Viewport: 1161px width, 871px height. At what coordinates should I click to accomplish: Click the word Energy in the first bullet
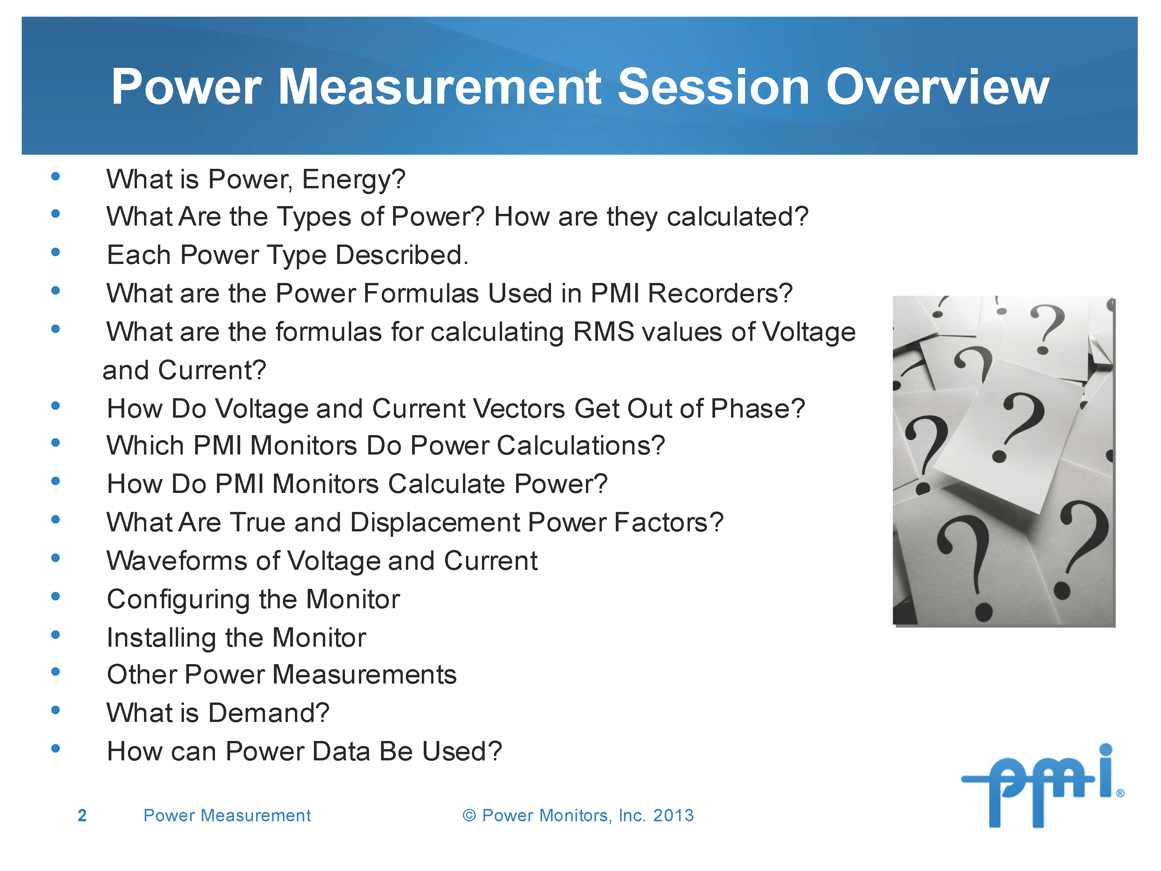pyautogui.click(x=353, y=180)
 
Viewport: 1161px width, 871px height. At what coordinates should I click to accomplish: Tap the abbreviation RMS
pyautogui.click(x=604, y=332)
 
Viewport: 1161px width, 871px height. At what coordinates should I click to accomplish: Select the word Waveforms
pyautogui.click(x=176, y=561)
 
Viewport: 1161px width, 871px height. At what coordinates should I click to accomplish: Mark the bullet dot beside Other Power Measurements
pyautogui.click(x=55, y=672)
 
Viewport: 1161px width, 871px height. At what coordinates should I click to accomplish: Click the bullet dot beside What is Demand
pyautogui.click(x=55, y=710)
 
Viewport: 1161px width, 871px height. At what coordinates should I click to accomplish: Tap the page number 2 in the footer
pyautogui.click(x=82, y=815)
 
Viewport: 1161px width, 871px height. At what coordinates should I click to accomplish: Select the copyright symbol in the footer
pyautogui.click(x=469, y=815)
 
